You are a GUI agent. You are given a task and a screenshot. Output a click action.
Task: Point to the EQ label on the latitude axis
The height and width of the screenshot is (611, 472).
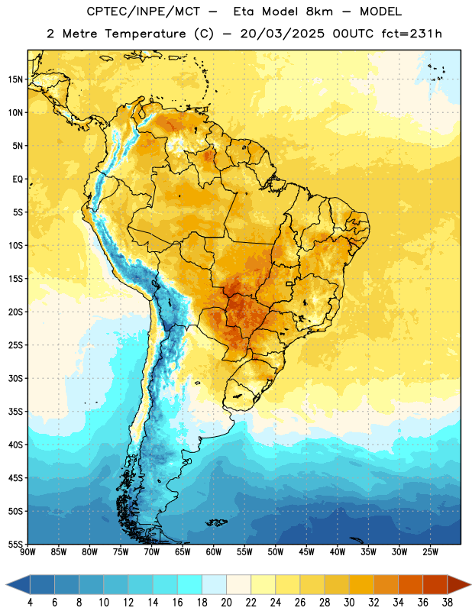(18, 179)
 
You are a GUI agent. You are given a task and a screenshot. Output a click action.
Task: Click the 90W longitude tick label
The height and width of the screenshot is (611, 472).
(27, 552)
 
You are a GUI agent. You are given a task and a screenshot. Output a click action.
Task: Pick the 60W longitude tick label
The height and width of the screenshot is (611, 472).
(214, 552)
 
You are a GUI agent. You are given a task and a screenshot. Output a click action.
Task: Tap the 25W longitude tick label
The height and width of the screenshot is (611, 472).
(430, 552)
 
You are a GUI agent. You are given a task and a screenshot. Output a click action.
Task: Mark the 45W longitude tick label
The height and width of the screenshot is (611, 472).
(306, 552)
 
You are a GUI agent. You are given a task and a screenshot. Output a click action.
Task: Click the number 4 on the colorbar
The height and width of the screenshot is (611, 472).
(30, 603)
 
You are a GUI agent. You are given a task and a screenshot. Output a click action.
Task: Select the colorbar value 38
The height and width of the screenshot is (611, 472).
(448, 603)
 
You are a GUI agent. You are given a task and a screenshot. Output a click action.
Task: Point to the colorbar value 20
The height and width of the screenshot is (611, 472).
(226, 603)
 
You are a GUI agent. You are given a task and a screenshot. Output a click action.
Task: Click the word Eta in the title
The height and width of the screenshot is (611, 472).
(244, 11)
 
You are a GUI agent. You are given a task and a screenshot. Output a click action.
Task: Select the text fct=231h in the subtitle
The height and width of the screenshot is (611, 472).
(412, 34)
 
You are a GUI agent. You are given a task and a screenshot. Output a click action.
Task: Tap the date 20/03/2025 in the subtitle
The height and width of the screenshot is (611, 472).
(282, 34)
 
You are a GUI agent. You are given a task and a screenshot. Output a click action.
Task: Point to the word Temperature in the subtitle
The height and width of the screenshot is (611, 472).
(145, 34)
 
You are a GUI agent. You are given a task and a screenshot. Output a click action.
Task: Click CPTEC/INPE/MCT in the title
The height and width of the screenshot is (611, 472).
(143, 11)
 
